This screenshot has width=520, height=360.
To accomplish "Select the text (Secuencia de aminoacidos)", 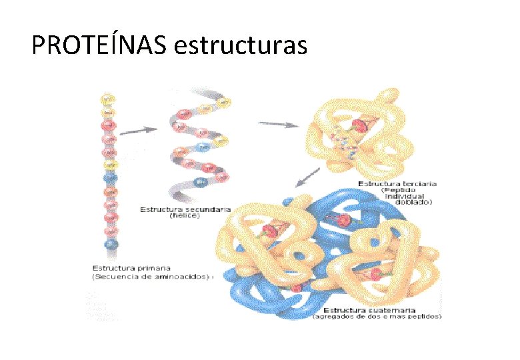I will [151, 276].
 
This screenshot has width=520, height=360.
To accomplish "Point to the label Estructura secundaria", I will [185, 209].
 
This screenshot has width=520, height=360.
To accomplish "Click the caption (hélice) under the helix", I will [185, 216].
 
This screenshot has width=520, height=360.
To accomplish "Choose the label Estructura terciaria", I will [397, 183].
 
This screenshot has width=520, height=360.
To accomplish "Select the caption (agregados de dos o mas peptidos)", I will [377, 317].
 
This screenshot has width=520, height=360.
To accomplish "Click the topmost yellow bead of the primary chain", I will [107, 99].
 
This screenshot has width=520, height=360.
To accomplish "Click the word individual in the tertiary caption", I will [410, 195].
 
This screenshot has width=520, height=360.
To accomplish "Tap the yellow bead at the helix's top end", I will [223, 101].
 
